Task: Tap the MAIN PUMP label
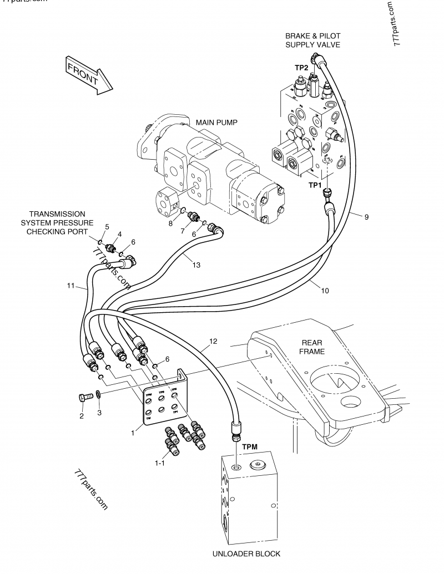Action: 216,122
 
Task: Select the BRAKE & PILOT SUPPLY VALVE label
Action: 312,40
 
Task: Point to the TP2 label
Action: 301,67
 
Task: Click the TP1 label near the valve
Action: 315,184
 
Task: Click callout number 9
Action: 366,217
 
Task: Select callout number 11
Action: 70,286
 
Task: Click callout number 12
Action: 214,341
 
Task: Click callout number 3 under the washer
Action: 99,413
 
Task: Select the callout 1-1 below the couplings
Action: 160,463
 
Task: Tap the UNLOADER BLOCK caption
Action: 246,553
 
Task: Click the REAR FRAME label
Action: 312,347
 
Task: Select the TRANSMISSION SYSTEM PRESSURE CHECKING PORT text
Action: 57,222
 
